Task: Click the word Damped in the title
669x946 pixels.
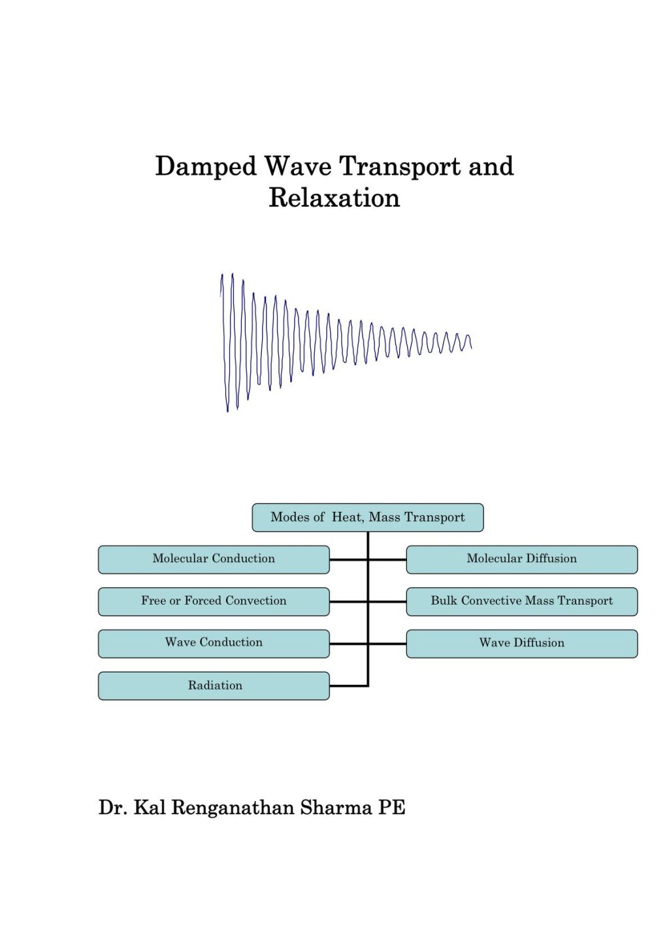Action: (206, 167)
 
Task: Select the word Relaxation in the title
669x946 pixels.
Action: (334, 198)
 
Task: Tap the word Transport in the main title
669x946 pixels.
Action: (400, 167)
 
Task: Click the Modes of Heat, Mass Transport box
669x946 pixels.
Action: (368, 518)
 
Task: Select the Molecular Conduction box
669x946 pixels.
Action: (214, 560)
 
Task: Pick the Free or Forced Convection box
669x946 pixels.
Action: (214, 601)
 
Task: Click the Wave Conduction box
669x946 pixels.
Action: (214, 643)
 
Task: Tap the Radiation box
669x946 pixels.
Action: (214, 686)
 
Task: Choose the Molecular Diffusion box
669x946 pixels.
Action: (521, 560)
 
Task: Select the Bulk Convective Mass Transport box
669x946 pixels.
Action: (521, 601)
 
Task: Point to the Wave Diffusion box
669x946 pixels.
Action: (521, 643)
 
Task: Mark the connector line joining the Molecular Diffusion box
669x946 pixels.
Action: (388, 560)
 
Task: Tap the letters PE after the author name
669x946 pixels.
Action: (391, 808)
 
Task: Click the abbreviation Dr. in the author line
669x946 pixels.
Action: (113, 808)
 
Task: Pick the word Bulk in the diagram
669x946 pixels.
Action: (444, 601)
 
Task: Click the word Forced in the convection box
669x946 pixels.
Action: (203, 601)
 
